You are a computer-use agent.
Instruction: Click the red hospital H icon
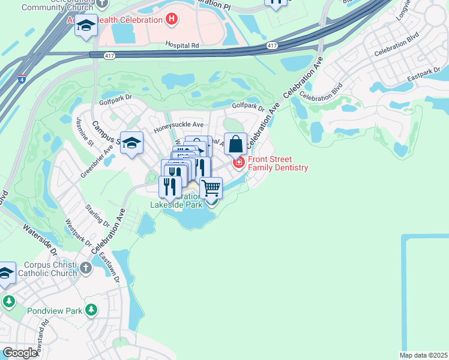point(172,19)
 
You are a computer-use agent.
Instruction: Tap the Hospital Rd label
point(183,45)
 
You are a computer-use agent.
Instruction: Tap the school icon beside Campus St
point(132,143)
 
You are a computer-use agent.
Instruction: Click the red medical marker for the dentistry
point(239,163)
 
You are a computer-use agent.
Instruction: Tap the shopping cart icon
point(211,188)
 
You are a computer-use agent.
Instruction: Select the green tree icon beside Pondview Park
point(91,310)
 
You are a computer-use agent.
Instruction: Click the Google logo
point(20,353)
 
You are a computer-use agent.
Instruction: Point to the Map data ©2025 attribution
point(423,355)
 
